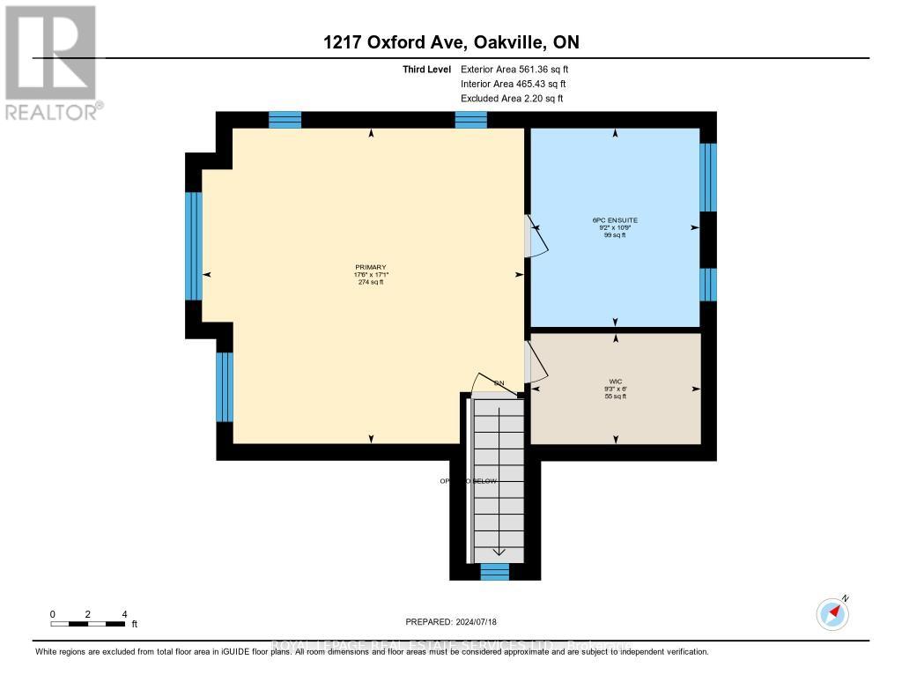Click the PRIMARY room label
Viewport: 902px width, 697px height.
[x=371, y=267]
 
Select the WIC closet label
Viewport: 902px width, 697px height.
[x=615, y=382]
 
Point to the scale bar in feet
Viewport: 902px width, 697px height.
[x=87, y=623]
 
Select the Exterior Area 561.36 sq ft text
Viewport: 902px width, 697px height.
[x=520, y=69]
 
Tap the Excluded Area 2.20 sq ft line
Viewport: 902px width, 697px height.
[x=512, y=99]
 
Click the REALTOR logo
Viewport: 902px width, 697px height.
[x=51, y=62]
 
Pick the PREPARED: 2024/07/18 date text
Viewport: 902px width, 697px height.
[x=450, y=622]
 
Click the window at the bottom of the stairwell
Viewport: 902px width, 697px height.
[x=494, y=572]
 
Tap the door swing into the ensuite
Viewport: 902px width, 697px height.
[x=536, y=236]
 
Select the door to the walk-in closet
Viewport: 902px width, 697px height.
[x=534, y=363]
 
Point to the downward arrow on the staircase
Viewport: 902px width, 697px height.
[x=499, y=551]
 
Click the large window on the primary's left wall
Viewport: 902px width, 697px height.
[x=194, y=246]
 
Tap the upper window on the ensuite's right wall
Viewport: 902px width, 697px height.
[x=707, y=177]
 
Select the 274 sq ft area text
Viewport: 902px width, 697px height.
[x=371, y=282]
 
